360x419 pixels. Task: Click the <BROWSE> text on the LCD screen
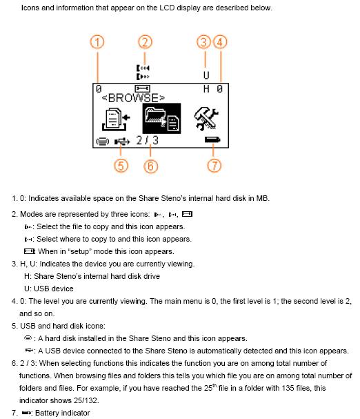tap(133, 98)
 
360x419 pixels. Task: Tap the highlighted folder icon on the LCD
tap(161, 118)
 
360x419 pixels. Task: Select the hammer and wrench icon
tap(206, 119)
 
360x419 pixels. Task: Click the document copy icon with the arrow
tap(116, 119)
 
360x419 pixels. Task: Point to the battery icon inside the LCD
tap(212, 139)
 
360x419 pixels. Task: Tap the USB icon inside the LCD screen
tap(122, 142)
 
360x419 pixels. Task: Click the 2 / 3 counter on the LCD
tap(148, 140)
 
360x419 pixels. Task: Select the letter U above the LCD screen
tap(206, 76)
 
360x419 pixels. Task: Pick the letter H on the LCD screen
tap(206, 89)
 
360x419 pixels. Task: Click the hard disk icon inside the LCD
tap(102, 141)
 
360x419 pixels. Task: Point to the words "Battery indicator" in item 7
tap(63, 413)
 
